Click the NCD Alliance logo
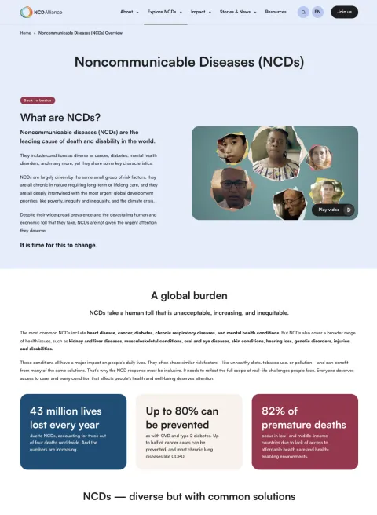click(x=42, y=12)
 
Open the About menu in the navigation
click(x=129, y=12)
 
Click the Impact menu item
click(x=200, y=12)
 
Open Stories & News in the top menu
click(x=237, y=12)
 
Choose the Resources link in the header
click(x=276, y=12)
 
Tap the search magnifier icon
click(x=303, y=12)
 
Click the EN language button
click(x=317, y=12)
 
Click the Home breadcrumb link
click(x=26, y=33)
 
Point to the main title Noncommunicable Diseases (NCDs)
click(x=188, y=62)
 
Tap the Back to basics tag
click(x=38, y=100)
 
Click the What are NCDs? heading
click(x=60, y=117)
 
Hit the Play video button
click(x=333, y=210)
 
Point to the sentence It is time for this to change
click(x=59, y=245)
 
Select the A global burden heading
click(x=188, y=296)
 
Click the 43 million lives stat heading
click(x=65, y=418)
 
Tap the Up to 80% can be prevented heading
click(x=181, y=418)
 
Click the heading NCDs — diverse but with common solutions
click(x=188, y=496)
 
